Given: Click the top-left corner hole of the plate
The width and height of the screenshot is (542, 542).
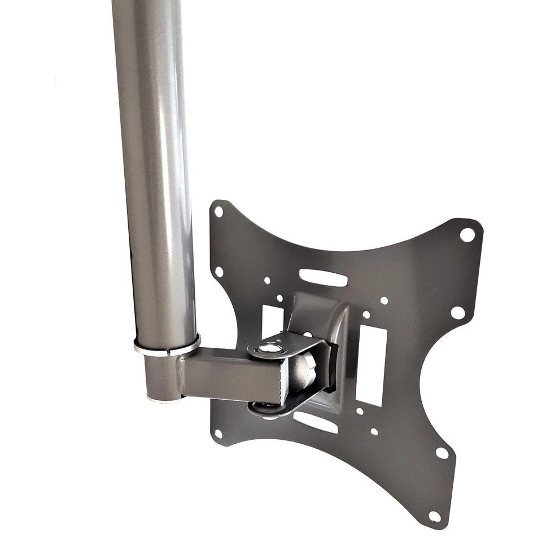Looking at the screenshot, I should point(218,212).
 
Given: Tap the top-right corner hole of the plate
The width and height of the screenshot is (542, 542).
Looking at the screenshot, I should point(467,234).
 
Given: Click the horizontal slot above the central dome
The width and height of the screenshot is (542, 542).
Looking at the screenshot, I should point(323,277).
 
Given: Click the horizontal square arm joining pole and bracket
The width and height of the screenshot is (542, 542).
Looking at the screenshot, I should point(231,375).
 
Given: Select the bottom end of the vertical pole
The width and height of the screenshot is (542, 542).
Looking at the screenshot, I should point(164,395).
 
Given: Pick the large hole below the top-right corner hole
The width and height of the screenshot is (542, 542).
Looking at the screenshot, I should point(458,312).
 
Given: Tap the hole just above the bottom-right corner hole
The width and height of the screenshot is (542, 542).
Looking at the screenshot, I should point(442,452).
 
